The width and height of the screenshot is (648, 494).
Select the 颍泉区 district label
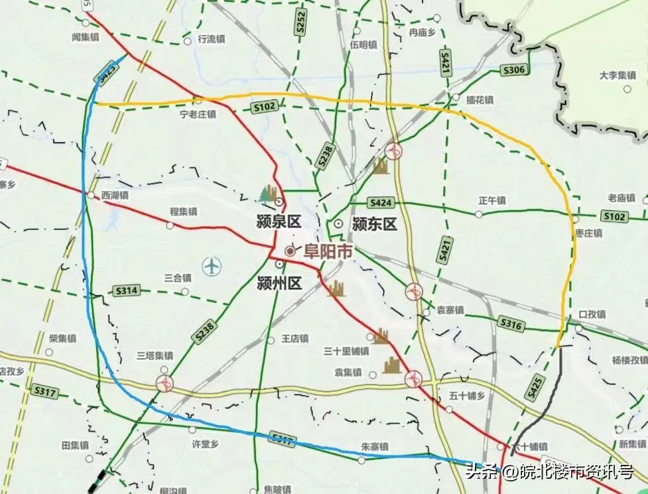pos(279,221)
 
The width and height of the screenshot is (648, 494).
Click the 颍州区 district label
pos(279,284)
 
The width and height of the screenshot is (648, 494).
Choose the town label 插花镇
pos(480,100)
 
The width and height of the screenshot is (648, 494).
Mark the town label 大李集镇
pos(617,76)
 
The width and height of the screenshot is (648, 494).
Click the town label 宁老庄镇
pos(198,113)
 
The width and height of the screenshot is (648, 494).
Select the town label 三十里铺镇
pos(346,351)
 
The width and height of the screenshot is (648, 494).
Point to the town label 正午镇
pos(491,200)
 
